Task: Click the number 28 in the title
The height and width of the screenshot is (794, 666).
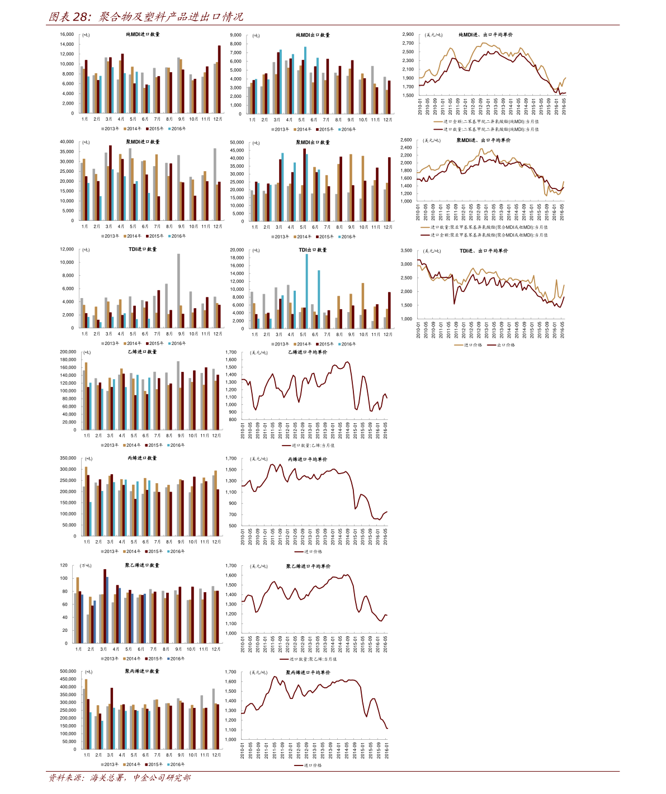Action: tap(81, 17)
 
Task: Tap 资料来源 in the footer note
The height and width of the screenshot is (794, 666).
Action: tap(65, 778)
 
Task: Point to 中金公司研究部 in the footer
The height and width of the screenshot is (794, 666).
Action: tap(162, 778)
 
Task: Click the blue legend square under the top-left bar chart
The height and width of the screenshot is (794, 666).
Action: tap(169, 129)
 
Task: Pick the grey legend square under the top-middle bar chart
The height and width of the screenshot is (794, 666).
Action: tap(273, 129)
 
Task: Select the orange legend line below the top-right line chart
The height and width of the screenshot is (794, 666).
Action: tap(438, 121)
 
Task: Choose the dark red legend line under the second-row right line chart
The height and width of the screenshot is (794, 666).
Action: tap(426, 235)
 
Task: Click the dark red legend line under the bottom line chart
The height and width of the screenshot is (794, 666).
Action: tap(299, 765)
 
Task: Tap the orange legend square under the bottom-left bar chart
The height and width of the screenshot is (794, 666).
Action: tap(124, 764)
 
